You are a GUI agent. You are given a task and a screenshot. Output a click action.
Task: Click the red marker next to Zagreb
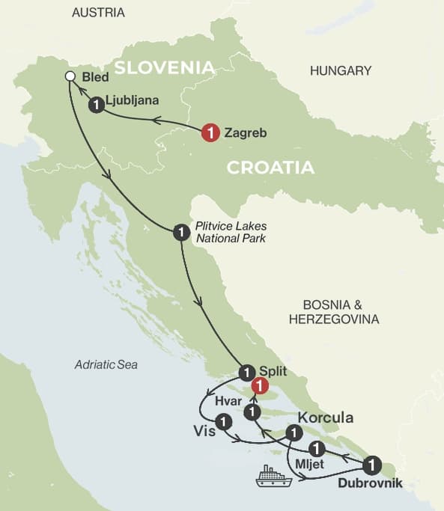pyautogui.click(x=211, y=133)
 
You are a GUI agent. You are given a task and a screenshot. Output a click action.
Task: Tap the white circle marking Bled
pyautogui.click(x=70, y=76)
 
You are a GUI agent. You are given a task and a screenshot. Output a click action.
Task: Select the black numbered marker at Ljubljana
pyautogui.click(x=95, y=105)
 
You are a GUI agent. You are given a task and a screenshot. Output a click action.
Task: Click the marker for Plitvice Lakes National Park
pyautogui.click(x=180, y=233)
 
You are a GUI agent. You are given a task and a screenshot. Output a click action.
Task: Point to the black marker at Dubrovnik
pyautogui.click(x=372, y=463)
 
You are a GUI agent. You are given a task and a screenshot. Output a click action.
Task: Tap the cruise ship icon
pyautogui.click(x=273, y=477)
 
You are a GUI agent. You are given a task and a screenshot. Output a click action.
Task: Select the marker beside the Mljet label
pyautogui.click(x=317, y=449)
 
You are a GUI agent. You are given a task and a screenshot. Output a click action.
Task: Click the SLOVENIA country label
pyautogui.click(x=164, y=67)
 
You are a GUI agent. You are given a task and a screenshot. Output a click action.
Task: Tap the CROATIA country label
pyautogui.click(x=270, y=168)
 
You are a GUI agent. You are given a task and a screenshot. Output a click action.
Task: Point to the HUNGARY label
pyautogui.click(x=341, y=71)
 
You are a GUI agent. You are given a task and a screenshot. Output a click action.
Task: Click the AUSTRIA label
pyautogui.click(x=98, y=13)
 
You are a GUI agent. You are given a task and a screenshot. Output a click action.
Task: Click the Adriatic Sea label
pyautogui.click(x=106, y=364)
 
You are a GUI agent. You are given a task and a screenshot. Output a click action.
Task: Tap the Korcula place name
pyautogui.click(x=326, y=417)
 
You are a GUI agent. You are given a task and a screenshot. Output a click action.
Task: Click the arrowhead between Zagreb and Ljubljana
pyautogui.click(x=157, y=120)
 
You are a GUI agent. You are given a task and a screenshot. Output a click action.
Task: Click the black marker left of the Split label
pyautogui.click(x=246, y=371)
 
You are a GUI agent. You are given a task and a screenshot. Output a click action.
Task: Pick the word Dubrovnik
pyautogui.click(x=370, y=483)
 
